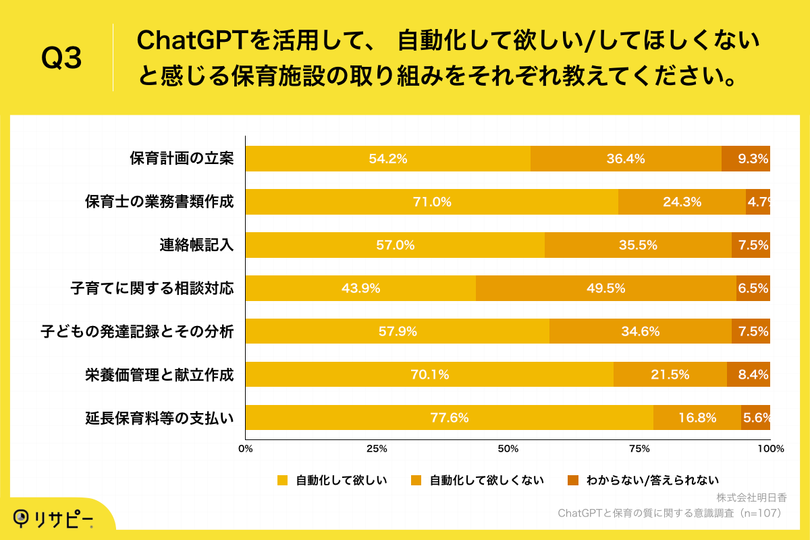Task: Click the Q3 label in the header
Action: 61,59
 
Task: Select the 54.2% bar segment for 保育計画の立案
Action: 387,159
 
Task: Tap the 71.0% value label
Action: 432,202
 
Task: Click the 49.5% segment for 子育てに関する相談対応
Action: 605,288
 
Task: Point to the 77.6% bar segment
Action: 449,418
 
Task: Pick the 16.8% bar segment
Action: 697,418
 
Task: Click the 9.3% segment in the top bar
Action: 746,159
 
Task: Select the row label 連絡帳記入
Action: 192,245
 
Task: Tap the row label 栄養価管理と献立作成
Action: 159,375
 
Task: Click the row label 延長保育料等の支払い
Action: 159,418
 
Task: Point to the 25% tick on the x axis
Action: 377,449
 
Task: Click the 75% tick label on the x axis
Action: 639,449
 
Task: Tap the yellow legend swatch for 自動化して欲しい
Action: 282,481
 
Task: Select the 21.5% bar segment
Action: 670,375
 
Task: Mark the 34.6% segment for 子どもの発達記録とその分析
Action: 640,331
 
